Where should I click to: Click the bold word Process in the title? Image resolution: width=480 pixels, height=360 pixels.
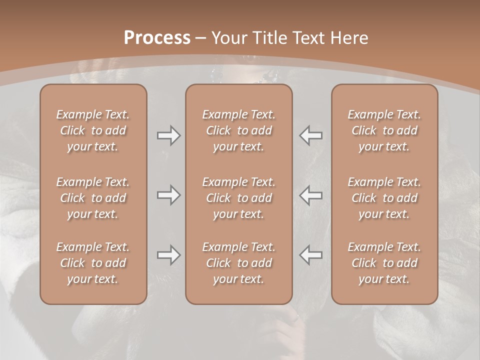157,38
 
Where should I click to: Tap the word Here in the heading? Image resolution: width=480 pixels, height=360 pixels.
349,38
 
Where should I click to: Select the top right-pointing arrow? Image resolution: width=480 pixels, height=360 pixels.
168,135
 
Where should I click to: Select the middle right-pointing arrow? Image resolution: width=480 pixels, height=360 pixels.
168,195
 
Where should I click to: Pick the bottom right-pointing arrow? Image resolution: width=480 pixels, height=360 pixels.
168,255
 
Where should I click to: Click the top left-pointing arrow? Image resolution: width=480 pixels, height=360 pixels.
310,135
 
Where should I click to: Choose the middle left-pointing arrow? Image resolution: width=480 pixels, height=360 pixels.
310,195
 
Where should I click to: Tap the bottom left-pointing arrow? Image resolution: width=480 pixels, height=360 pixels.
310,255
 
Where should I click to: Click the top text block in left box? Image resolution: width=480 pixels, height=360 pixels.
93,130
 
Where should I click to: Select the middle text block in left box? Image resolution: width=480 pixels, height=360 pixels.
93,198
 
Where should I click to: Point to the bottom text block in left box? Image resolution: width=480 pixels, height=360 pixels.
93,263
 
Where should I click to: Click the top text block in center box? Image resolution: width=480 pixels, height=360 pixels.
239,130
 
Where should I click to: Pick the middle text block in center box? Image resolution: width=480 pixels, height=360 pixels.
239,198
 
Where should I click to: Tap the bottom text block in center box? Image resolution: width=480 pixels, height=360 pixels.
239,263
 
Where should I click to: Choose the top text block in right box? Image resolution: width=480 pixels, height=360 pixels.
384,130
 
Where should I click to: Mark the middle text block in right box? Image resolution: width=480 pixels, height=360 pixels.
384,198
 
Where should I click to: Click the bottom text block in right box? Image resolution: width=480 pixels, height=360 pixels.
384,263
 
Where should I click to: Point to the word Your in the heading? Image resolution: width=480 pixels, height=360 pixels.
229,38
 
